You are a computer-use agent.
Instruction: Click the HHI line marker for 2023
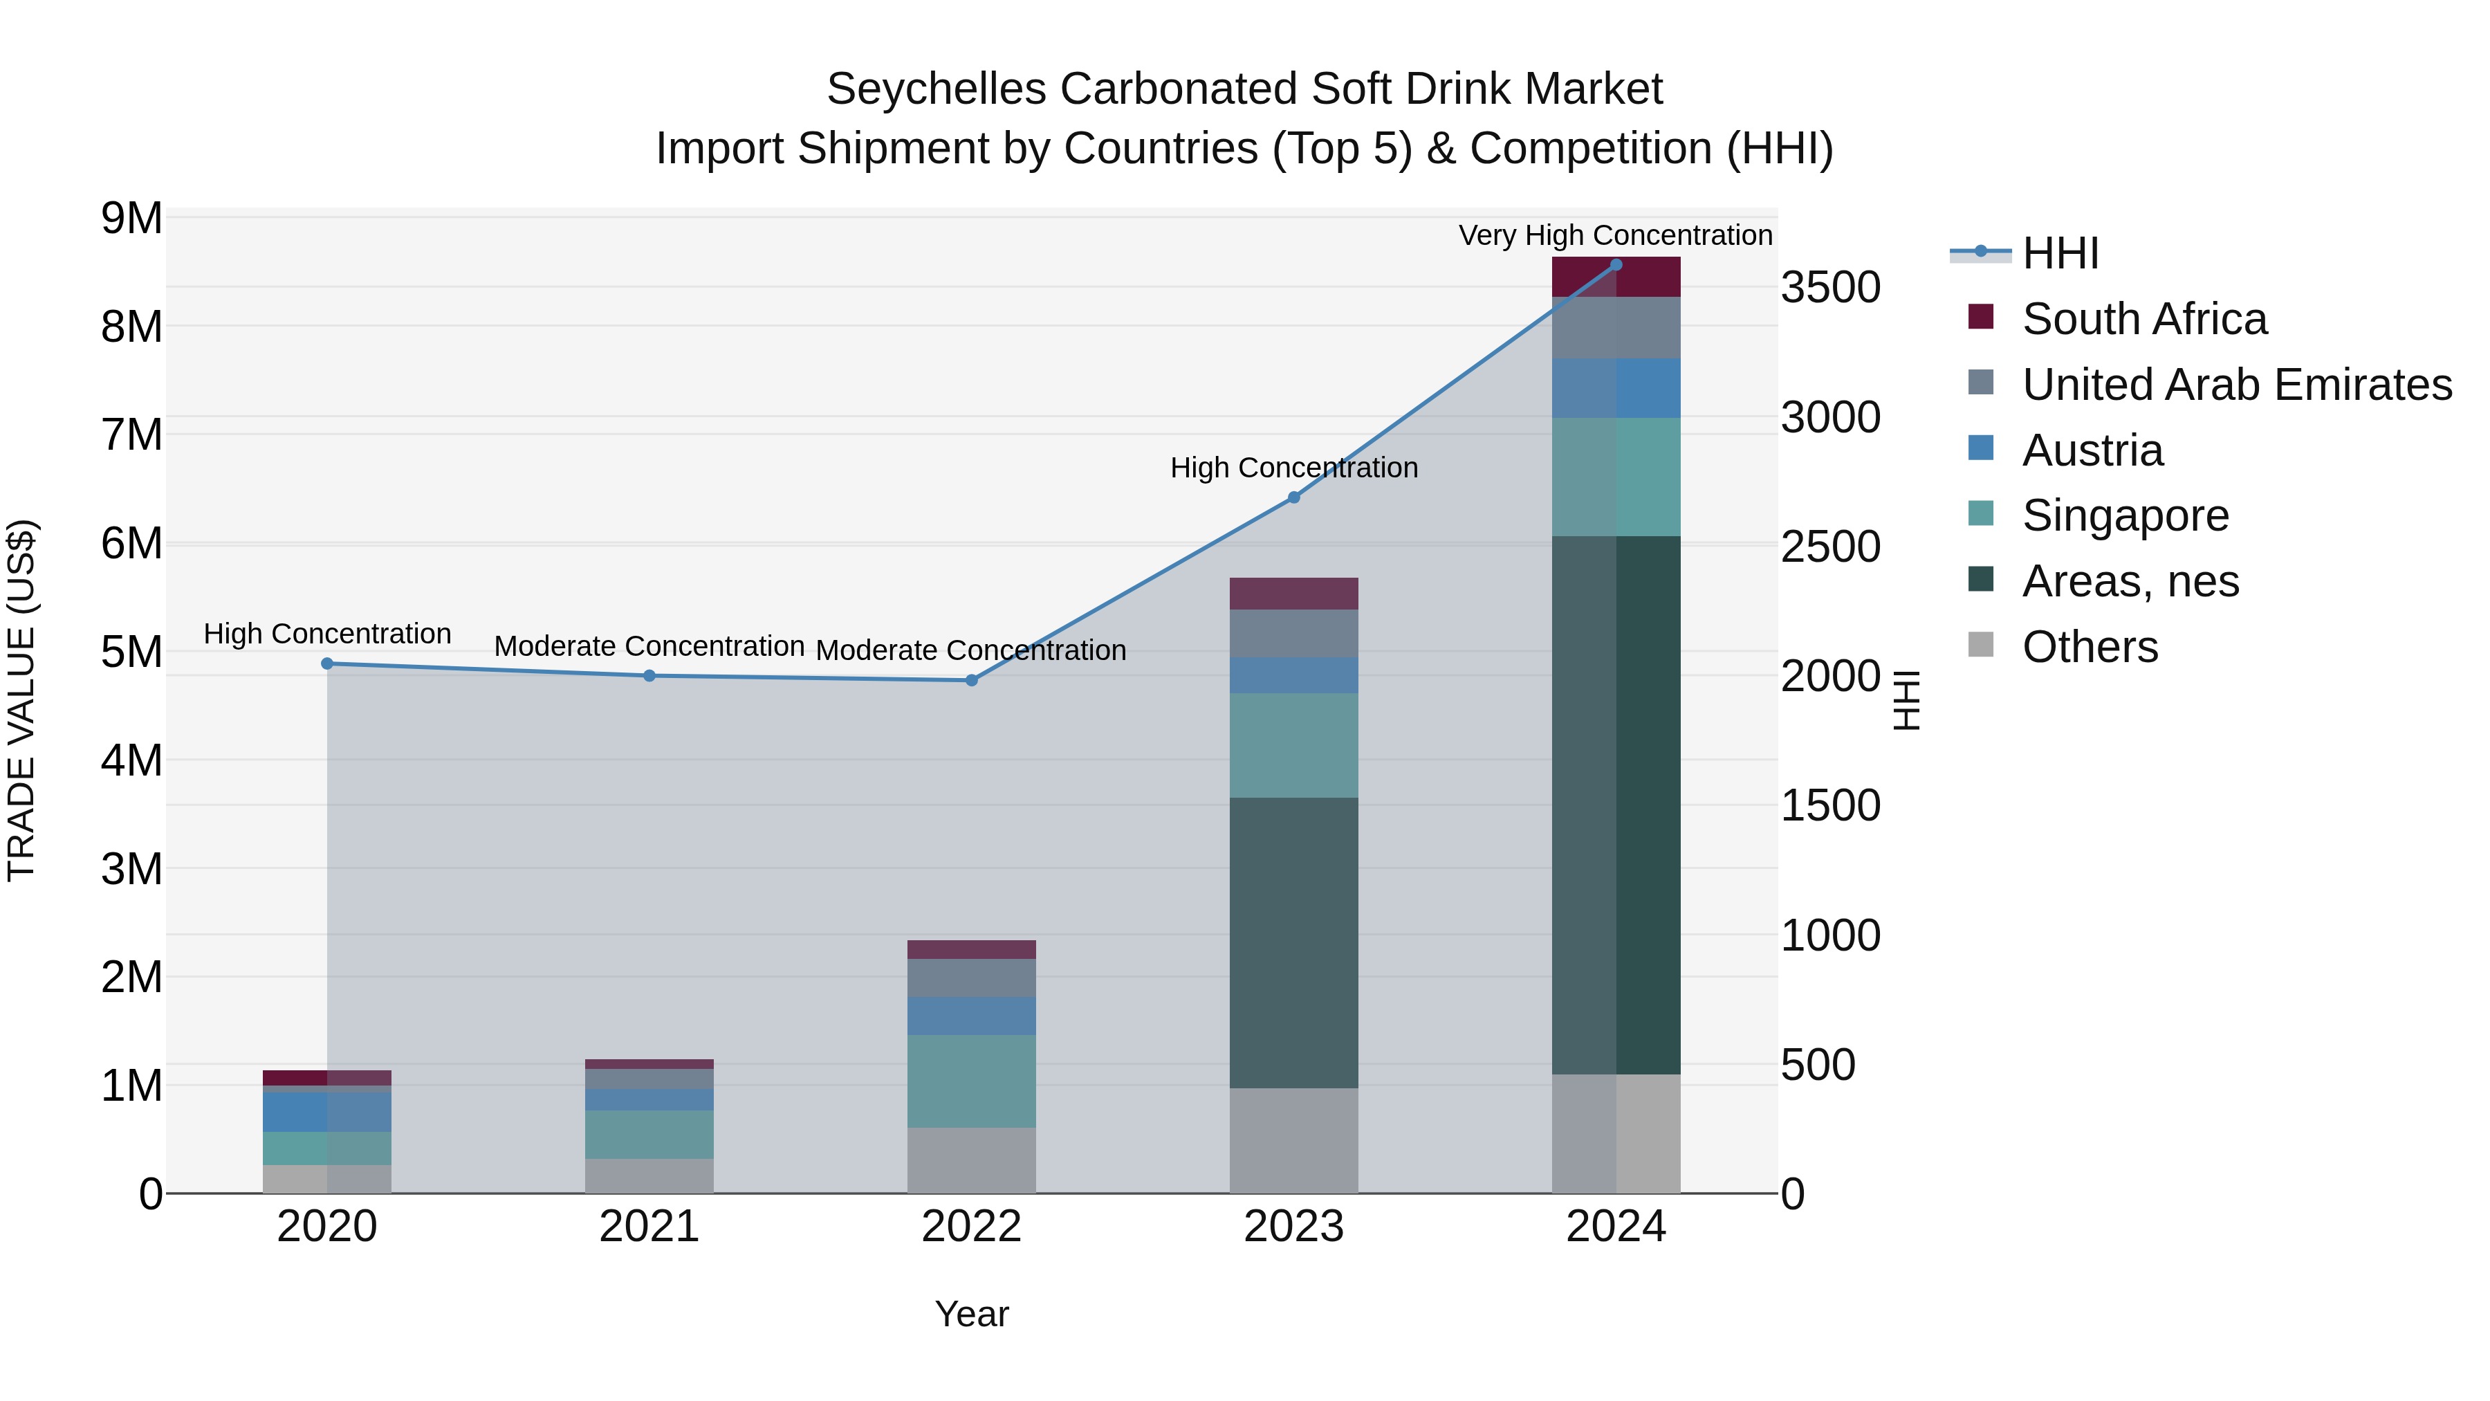[1293, 497]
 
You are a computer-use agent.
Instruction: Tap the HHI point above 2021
[649, 676]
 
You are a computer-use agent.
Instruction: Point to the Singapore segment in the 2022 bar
[972, 1081]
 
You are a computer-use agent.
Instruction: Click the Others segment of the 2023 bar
[1293, 1140]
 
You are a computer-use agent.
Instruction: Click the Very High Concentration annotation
[1614, 235]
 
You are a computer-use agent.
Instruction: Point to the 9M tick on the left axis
[131, 219]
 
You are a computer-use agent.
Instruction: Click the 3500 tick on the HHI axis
[1829, 288]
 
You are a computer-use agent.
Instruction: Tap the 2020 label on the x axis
[326, 1227]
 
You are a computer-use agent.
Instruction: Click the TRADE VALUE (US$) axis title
[21, 700]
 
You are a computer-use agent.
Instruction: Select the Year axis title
[972, 1314]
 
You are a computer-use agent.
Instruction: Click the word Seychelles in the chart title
[936, 89]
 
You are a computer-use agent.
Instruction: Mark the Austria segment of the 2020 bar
[326, 1112]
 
